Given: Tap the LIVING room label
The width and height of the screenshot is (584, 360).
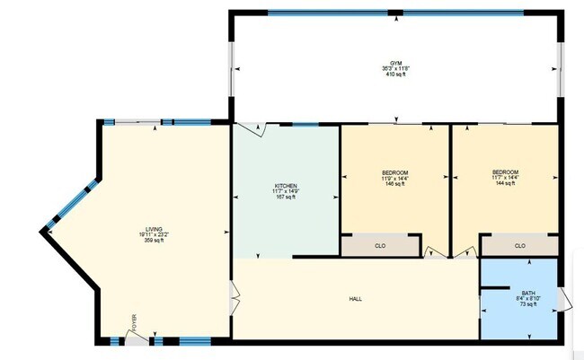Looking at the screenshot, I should pos(139,229).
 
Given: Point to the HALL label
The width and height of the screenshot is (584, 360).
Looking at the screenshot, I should pos(356,299).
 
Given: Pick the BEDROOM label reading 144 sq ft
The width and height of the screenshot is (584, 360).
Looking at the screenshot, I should pos(505,172).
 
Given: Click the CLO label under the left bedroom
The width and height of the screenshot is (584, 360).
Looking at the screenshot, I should pos(380,245).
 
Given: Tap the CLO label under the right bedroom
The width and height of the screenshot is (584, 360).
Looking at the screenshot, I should pos(519,245).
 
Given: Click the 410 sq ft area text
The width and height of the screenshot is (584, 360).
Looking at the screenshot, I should pos(395,74).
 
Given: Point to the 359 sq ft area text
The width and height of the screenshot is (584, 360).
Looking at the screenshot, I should pos(139,241).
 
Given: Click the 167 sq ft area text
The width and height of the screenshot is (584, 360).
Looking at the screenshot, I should pos(286,198).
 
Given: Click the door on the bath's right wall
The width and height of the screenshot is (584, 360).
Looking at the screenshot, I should pos(564,299).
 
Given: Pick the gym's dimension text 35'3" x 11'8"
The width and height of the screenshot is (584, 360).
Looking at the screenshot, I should pos(395,67).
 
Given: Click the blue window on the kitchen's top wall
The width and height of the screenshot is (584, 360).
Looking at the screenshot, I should pos(305,124).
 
